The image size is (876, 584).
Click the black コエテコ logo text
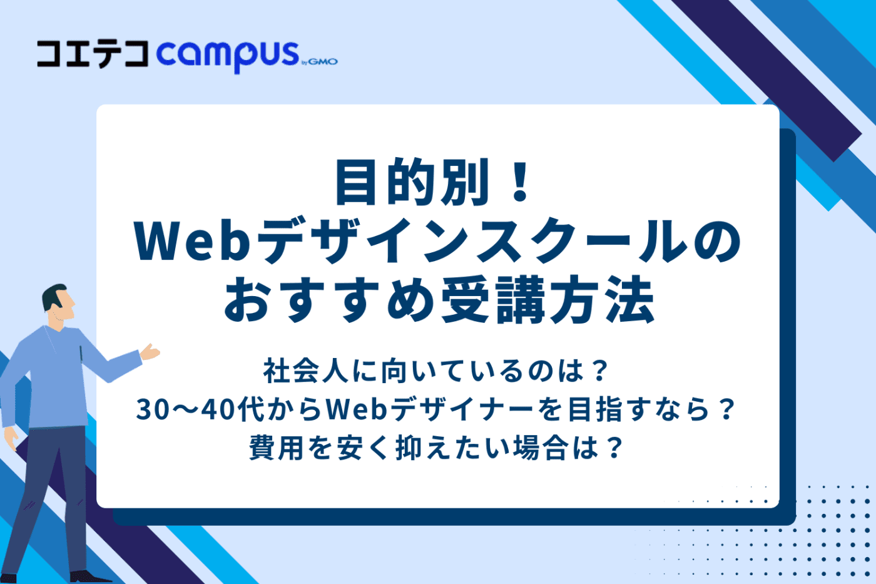[x=93, y=54]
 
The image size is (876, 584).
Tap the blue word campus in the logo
[x=228, y=57]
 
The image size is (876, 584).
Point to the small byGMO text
[x=320, y=62]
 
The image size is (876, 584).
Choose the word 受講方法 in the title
[x=547, y=300]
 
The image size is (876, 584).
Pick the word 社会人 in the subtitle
[x=305, y=371]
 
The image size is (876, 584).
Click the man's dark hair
[x=53, y=297]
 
